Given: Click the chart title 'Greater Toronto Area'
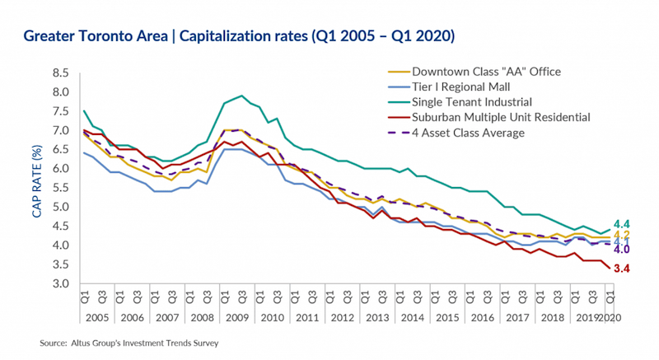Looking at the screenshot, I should point(99,37).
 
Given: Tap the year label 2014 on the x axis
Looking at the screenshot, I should point(414,316).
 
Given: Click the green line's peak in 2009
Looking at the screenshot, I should point(240,96).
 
